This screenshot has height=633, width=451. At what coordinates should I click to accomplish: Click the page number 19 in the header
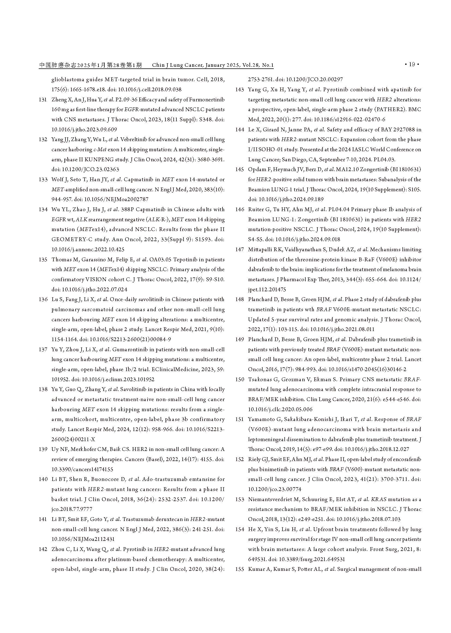pyautogui.click(x=412, y=64)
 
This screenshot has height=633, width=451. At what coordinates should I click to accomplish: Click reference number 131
pyautogui.click(x=43, y=100)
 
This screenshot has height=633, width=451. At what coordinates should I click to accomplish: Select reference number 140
pyautogui.click(x=43, y=479)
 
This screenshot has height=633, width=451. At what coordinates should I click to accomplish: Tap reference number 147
pyautogui.click(x=239, y=250)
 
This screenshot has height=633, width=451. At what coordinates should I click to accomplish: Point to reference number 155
pyautogui.click(x=239, y=569)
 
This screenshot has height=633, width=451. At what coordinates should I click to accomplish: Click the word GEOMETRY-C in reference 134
pyautogui.click(x=68, y=240)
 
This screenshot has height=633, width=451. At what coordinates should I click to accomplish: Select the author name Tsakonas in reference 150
pyautogui.click(x=260, y=379)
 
